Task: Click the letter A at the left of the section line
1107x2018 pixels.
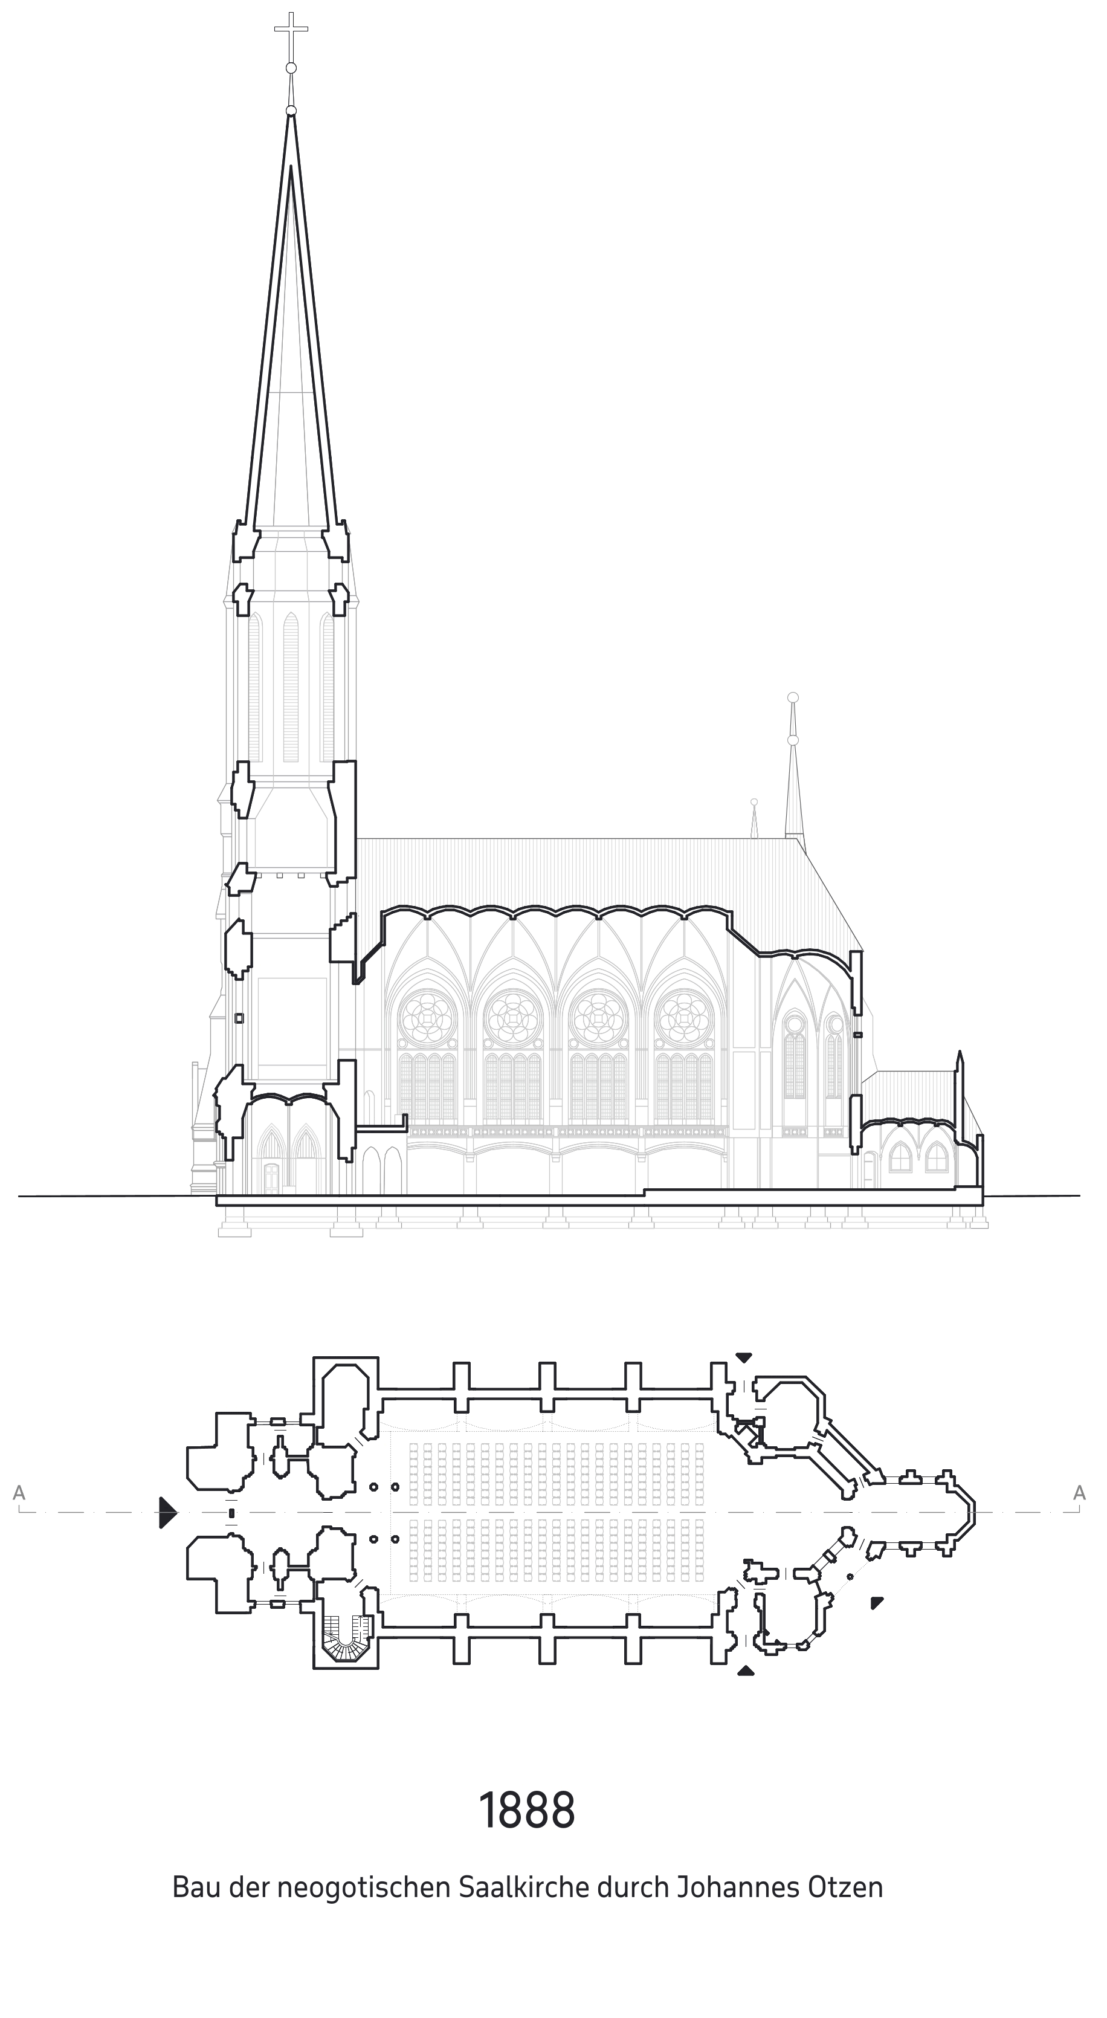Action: pyautogui.click(x=19, y=1493)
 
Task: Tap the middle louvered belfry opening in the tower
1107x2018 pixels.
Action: pyautogui.click(x=291, y=687)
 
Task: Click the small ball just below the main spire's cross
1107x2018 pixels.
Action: pyautogui.click(x=291, y=68)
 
